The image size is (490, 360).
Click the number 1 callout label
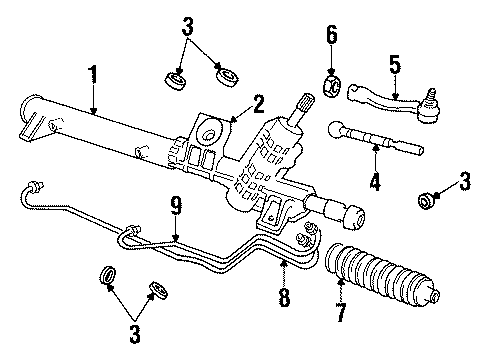(92, 74)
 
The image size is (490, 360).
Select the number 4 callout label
(376, 182)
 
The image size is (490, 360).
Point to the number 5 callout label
(394, 65)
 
